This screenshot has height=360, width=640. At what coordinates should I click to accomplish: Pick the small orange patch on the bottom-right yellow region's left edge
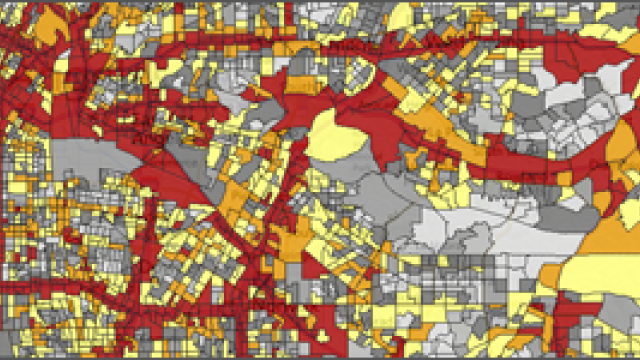coord(549,275)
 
